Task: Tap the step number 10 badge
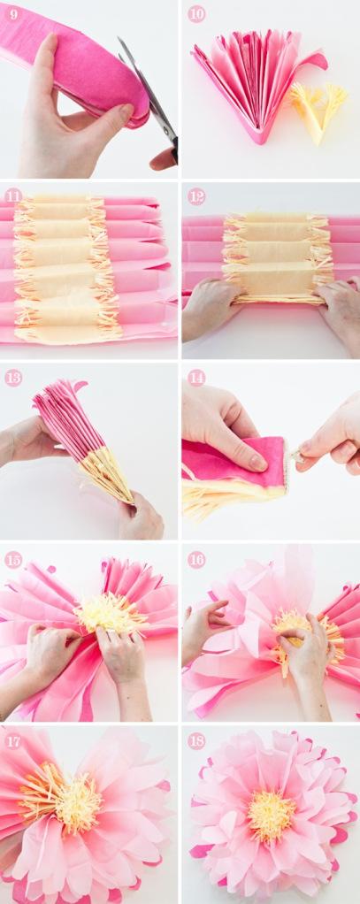[x=196, y=15]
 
